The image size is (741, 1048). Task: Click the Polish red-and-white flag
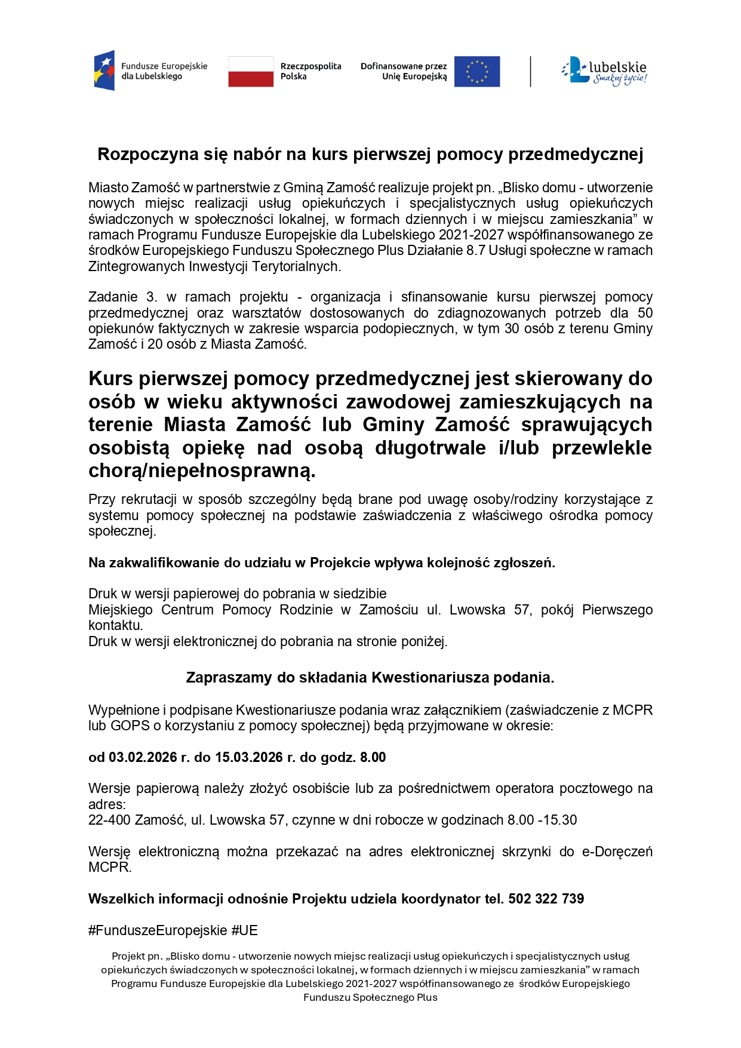[251, 72]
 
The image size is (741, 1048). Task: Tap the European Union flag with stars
[476, 72]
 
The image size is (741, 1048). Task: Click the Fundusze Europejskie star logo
[104, 70]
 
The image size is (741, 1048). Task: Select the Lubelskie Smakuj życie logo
[604, 71]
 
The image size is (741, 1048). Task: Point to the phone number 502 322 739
[546, 899]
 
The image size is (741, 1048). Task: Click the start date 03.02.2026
[143, 757]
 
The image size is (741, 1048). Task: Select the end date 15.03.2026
[249, 757]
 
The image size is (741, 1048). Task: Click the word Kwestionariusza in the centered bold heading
[431, 678]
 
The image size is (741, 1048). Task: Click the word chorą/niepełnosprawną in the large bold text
[202, 471]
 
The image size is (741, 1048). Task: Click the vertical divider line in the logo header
[530, 72]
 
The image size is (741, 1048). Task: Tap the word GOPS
[126, 726]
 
